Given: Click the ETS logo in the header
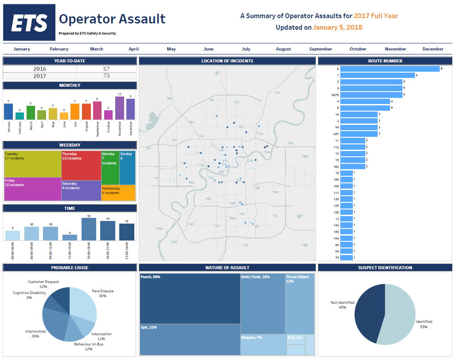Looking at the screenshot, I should [29, 23].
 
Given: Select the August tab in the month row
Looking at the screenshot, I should [283, 49].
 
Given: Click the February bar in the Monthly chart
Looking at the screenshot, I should [20, 116].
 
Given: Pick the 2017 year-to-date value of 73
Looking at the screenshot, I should [106, 76].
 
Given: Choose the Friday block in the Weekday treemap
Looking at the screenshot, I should [32, 189].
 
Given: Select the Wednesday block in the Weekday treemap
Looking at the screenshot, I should [118, 193].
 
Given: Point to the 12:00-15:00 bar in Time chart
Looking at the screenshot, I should [70, 238].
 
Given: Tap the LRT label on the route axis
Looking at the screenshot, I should [336, 134].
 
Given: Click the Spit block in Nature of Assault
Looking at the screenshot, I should [190, 340].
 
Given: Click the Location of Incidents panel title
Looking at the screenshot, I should [227, 61].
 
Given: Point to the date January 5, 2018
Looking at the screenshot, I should [337, 27].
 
